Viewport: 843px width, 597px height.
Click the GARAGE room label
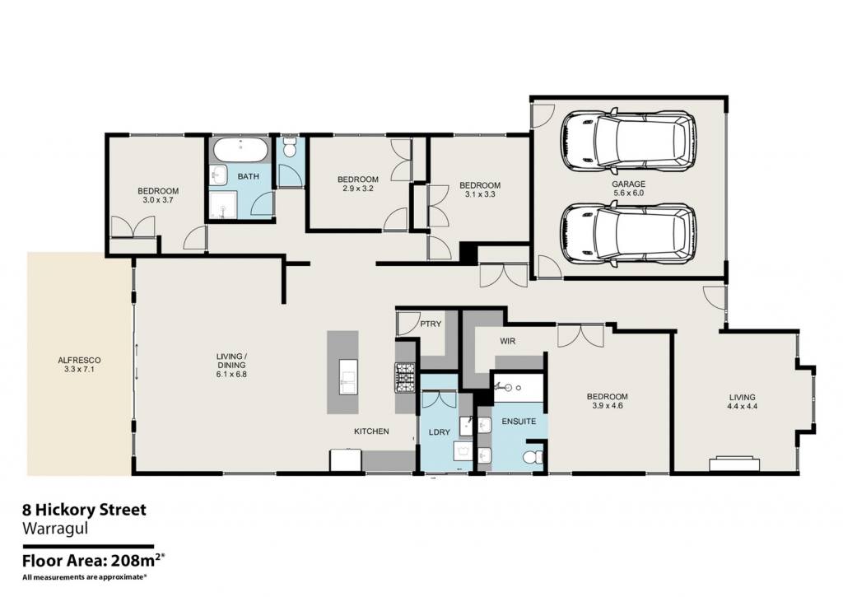coord(628,184)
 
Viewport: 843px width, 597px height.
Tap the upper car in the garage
coord(628,141)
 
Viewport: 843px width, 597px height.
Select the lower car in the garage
coord(628,233)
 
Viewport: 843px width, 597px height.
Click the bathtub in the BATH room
coord(240,150)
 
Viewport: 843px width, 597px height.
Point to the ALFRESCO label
coord(79,361)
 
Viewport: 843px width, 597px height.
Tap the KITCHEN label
coord(371,431)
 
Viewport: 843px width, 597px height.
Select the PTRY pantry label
coord(431,324)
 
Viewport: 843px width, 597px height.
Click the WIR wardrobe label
coord(507,341)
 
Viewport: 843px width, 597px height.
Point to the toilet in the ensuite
coord(533,458)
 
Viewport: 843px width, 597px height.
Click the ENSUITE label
coord(519,422)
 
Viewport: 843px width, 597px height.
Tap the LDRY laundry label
coord(440,431)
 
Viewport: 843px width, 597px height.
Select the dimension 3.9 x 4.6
coord(607,406)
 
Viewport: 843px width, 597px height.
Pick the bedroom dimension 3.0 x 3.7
coord(158,200)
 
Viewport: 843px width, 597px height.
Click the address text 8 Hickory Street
coord(84,510)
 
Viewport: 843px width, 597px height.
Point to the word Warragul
coord(55,528)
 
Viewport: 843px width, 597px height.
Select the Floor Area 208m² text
coord(92,561)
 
